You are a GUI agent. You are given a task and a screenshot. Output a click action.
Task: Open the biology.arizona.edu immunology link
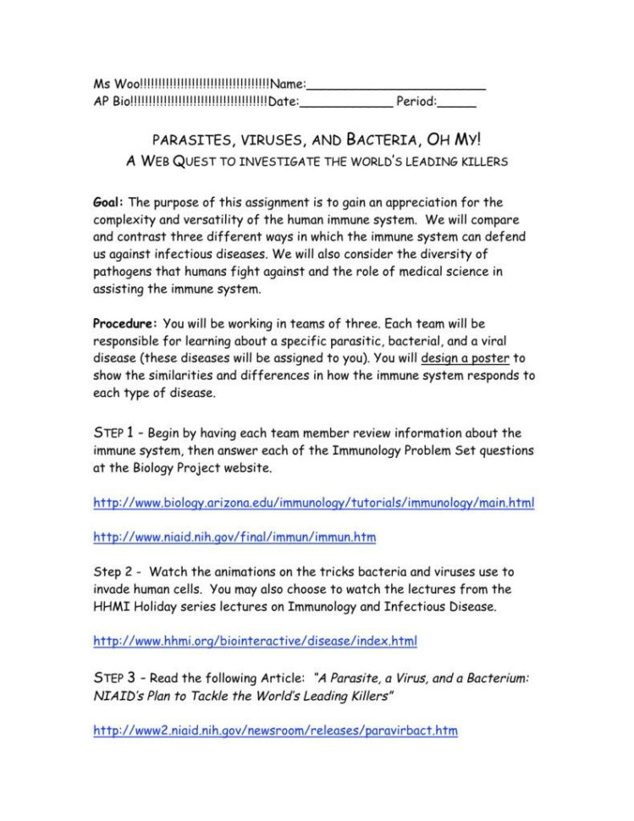(313, 502)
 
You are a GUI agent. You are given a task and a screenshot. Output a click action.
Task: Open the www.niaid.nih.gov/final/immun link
(234, 537)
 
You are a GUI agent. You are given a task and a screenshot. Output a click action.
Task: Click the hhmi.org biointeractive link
(255, 641)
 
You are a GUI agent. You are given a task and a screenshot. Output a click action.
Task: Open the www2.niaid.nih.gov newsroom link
(275, 729)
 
